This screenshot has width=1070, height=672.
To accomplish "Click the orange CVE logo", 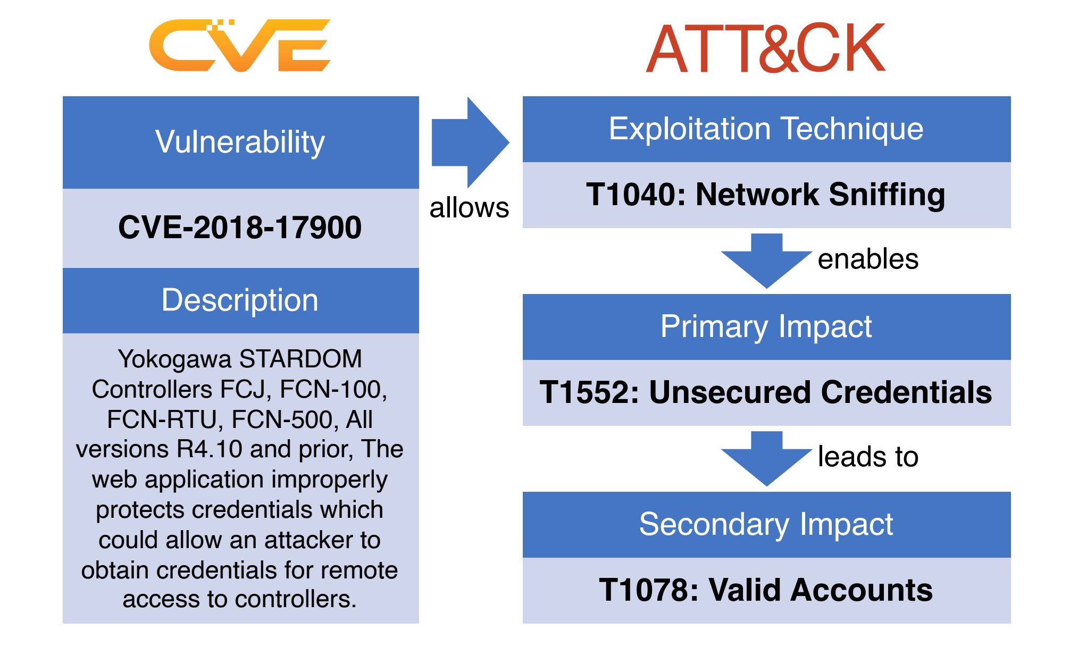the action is point(240,45).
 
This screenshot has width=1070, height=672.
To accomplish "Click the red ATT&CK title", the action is point(766,48).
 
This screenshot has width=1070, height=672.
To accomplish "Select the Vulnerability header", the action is point(240,142).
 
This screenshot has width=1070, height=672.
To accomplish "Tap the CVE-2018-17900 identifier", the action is point(240,228).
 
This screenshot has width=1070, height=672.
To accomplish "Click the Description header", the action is point(240,300).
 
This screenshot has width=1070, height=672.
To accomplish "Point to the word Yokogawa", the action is point(174,359).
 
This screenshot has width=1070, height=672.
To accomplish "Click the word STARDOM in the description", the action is point(301,359).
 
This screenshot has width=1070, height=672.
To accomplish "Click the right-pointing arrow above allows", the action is point(470,142).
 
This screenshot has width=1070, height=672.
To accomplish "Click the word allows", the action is point(469,207).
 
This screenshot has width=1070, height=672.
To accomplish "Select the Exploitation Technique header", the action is point(766,129).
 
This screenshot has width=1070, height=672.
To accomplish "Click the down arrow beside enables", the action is point(766,261).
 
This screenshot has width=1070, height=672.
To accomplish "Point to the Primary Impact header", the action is point(766,327).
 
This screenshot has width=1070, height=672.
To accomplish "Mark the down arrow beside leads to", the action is point(766,459).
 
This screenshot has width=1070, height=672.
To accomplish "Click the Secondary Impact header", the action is point(766,525).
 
